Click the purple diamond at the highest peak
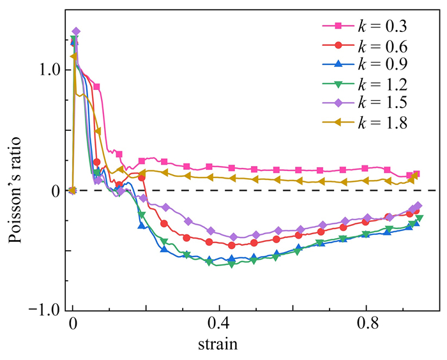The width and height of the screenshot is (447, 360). (x=76, y=31)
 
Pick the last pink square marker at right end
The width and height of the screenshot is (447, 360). (x=416, y=174)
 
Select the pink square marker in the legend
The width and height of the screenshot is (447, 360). (x=339, y=26)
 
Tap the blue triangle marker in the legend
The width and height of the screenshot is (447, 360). (x=339, y=64)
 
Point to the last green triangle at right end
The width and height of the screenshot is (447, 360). (x=420, y=218)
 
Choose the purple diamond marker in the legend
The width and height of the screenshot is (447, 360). (x=339, y=102)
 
